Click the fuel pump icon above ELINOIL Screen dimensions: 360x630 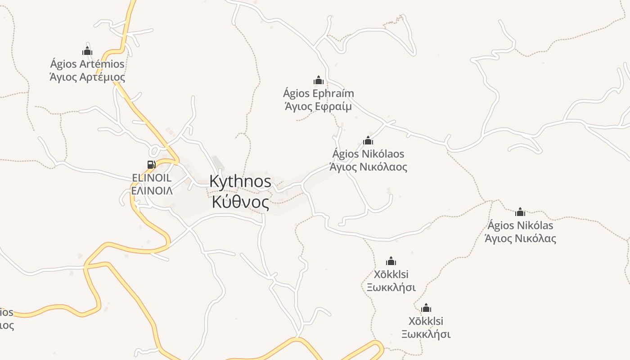coord(151,165)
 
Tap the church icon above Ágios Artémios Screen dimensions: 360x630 coord(87,51)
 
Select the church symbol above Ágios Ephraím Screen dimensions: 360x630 coord(319,81)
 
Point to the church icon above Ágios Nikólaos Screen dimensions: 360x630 coord(368,140)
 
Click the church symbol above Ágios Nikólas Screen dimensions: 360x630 coord(520,212)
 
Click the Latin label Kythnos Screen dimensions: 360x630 coord(240,181)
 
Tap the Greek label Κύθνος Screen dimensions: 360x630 coord(240,202)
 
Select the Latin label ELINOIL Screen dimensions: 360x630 coord(152,178)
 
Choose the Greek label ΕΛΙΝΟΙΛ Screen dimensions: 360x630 coord(152,191)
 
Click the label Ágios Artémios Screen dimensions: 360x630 coord(87,64)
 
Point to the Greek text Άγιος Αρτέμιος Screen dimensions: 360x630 coord(87,77)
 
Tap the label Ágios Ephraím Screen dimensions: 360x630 coord(319,94)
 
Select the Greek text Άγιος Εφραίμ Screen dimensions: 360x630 coord(319,107)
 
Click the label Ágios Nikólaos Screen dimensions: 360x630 coord(368,154)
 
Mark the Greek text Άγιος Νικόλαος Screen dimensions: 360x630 coord(368,167)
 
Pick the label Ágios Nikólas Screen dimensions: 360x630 coord(520,225)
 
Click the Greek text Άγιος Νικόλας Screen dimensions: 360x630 coord(520,238)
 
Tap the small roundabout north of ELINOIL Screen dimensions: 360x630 coord(156,151)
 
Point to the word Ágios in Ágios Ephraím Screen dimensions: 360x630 coord(297,94)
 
